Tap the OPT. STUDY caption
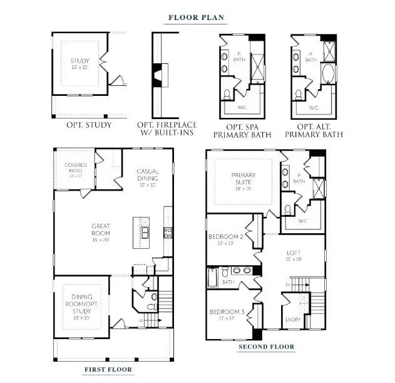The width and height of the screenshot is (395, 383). point(89,125)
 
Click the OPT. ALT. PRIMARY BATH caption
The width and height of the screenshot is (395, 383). point(314,129)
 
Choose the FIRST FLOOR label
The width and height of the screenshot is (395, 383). point(108,369)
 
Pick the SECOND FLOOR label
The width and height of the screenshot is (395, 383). point(266,347)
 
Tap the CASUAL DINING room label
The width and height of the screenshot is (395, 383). point(148,177)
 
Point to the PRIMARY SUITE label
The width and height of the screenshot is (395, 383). point(244,179)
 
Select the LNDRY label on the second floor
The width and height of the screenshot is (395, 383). point(292,320)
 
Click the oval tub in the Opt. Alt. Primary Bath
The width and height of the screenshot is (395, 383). point(328,73)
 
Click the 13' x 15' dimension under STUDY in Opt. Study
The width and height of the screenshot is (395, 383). point(80,67)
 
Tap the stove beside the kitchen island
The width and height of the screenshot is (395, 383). point(167,232)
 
